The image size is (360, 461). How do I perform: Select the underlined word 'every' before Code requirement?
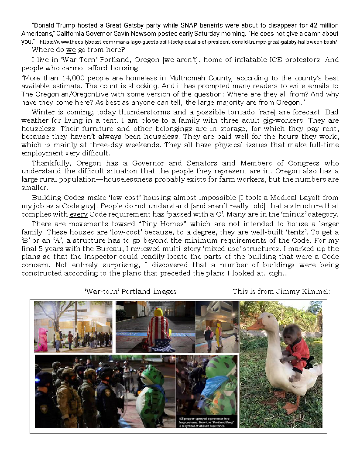(79, 214)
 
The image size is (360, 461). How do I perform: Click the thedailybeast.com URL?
(188, 42)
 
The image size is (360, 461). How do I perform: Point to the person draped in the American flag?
(158, 330)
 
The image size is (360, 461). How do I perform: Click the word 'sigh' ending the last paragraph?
(278, 273)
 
